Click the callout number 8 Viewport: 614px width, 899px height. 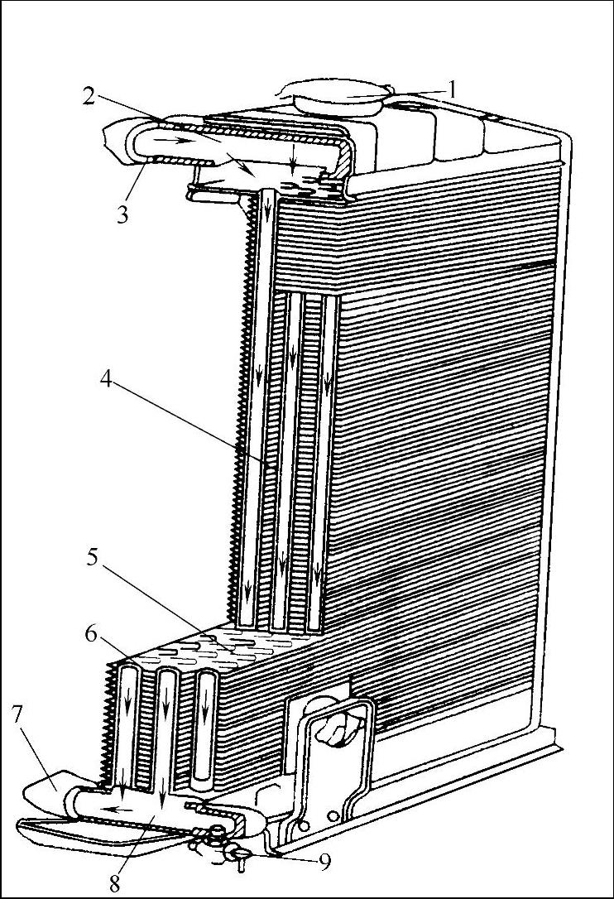116,882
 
